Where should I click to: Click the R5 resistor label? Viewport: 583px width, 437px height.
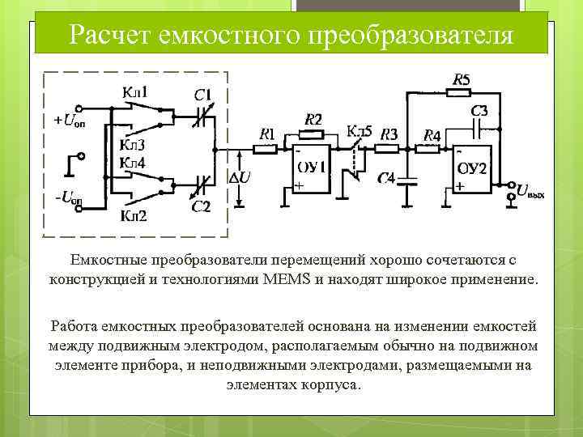click(460, 79)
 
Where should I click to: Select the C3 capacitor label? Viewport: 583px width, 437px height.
click(479, 109)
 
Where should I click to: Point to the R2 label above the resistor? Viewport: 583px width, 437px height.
click(313, 119)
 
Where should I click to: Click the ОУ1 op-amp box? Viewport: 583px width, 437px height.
click(311, 169)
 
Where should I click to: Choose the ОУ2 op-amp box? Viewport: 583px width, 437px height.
click(471, 169)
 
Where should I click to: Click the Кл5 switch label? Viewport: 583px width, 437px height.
click(360, 130)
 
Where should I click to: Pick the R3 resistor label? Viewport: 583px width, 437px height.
click(389, 134)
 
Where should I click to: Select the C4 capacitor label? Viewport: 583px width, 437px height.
click(385, 179)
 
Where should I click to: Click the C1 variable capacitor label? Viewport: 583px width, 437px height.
click(203, 95)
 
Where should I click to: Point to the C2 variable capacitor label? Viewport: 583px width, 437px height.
click(201, 207)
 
